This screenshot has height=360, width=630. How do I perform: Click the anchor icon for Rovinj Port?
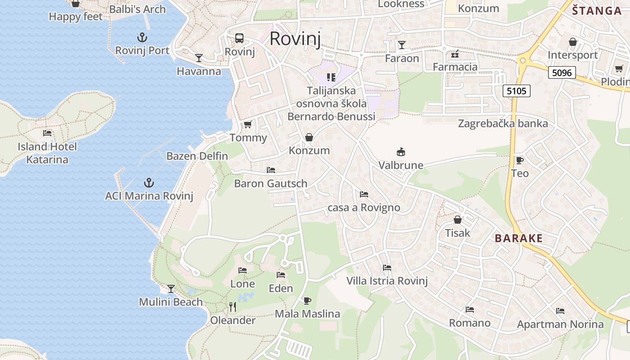point(142,37)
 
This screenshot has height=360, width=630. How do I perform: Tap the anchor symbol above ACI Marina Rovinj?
point(148,183)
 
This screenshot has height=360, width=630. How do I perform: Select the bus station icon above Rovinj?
point(239,38)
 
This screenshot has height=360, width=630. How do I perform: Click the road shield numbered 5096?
point(562,72)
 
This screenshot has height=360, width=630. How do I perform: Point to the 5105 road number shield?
point(516,91)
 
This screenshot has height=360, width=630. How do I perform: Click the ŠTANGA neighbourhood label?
point(597,11)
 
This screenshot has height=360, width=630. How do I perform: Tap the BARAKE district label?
point(519,238)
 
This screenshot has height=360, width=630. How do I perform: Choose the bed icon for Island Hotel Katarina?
point(47,133)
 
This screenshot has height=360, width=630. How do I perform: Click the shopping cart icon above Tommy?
point(247,125)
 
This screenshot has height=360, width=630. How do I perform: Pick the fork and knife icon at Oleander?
point(233,307)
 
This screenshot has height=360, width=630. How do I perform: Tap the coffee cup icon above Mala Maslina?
point(307,301)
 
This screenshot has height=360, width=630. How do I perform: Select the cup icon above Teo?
point(519,160)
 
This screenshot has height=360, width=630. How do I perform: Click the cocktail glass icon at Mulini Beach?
point(171,288)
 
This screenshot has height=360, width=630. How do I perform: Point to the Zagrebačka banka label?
point(503,123)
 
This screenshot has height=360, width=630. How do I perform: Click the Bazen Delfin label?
point(197,156)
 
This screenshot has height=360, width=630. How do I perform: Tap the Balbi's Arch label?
point(137,9)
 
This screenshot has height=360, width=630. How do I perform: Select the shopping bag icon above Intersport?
point(573,42)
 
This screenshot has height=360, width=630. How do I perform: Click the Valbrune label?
point(400,165)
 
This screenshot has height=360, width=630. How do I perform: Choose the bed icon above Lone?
point(243,270)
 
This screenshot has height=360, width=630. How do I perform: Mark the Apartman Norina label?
point(560,324)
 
